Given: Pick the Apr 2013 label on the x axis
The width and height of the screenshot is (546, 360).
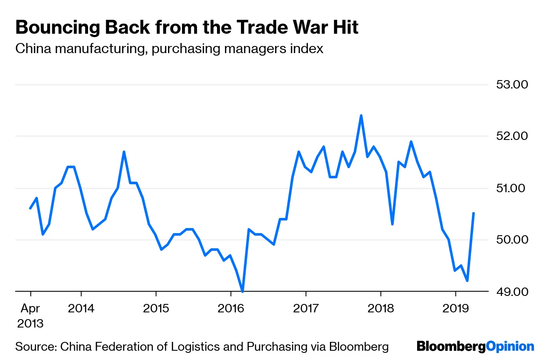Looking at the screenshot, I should click(30, 316).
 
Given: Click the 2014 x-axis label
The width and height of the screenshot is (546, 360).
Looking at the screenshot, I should click(81, 308).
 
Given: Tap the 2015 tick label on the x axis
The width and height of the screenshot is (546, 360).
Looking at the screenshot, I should click(156, 308).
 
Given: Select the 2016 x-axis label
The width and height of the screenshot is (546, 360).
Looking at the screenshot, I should click(231, 308).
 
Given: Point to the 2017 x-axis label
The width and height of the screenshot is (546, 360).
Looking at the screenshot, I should click(306, 308).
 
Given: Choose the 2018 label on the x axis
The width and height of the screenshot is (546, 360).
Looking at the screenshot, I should click(381, 308).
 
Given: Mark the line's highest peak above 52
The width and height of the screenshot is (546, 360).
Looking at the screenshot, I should click(361, 116).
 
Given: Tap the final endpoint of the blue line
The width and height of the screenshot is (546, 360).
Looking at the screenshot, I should click(474, 213).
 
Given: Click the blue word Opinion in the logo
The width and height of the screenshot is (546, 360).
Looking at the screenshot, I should click(510, 347).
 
